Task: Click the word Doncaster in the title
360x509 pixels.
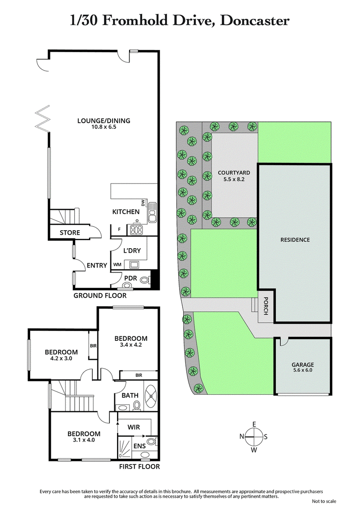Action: [x=254, y=20]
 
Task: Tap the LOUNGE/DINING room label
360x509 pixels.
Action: [x=103, y=121]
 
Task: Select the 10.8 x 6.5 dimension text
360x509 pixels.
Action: [x=103, y=127]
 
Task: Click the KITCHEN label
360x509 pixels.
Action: [x=126, y=211]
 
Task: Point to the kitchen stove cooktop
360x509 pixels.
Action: [x=136, y=230]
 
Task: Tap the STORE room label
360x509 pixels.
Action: [x=70, y=232]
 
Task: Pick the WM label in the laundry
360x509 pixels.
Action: [x=117, y=265]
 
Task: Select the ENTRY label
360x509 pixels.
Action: [x=97, y=265]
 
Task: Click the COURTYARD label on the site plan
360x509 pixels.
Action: [x=234, y=172]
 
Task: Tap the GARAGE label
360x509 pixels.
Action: [x=302, y=365]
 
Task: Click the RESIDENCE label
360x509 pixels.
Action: [x=295, y=240]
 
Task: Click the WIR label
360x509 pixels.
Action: [x=134, y=425]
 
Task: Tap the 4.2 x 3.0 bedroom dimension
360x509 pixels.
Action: [x=61, y=359]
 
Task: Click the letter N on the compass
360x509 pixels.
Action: [x=242, y=436]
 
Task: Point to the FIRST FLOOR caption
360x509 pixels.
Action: [x=139, y=467]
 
